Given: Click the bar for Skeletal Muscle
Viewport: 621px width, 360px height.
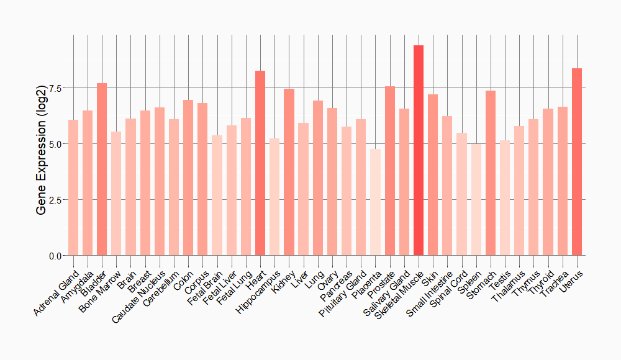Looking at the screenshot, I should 419,150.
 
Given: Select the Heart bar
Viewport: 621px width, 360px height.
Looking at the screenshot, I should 260,163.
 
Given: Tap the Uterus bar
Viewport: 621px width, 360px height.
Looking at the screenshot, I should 577,162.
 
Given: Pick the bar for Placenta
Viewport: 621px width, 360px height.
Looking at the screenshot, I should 375,202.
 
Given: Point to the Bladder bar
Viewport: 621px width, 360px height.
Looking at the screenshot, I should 102,169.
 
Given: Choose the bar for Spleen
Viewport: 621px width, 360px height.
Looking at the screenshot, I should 476,200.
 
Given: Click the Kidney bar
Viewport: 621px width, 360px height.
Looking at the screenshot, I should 289,172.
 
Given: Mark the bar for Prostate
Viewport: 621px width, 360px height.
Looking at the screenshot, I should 390,171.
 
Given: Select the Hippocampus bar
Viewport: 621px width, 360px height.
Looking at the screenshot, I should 274,197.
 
